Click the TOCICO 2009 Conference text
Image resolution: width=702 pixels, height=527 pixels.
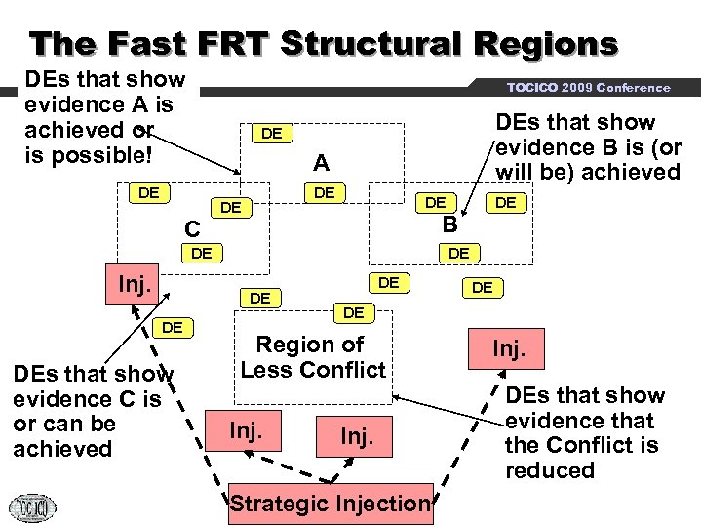pos(588,88)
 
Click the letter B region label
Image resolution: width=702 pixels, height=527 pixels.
pos(449,225)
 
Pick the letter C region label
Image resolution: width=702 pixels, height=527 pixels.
pos(193,229)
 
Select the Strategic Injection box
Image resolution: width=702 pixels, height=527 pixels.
pos(330,504)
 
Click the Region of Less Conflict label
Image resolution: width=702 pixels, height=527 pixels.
pos(314,357)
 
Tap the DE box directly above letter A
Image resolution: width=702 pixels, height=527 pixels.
pos(272,133)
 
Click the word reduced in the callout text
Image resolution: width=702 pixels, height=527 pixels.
pos(550,470)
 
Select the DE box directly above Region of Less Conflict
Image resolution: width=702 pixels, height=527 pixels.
pos(353,312)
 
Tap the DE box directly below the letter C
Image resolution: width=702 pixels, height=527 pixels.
pos(202,254)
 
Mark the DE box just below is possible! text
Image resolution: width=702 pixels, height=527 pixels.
pos(149,193)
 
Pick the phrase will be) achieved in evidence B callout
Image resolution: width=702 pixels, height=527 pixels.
pos(588,173)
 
